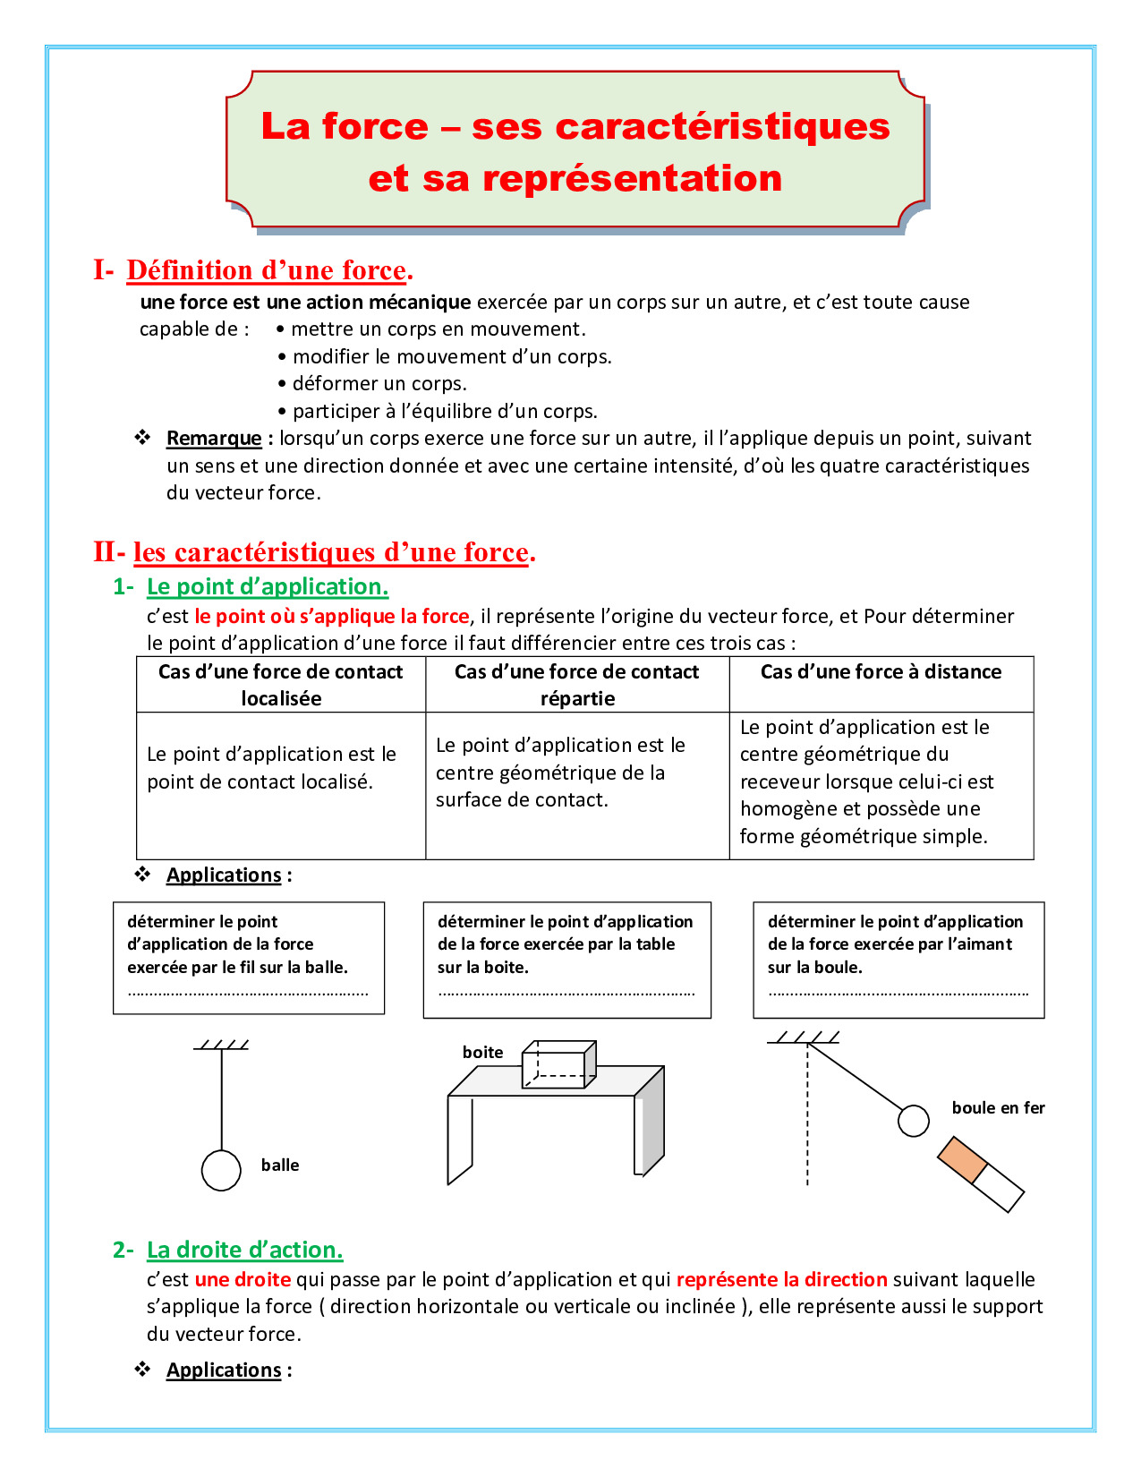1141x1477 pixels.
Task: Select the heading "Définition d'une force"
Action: (266, 269)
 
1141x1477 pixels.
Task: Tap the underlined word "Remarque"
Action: (214, 438)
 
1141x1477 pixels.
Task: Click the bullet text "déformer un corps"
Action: (379, 383)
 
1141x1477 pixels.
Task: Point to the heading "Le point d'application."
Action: (268, 586)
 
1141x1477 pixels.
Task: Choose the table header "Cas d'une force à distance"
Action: (881, 671)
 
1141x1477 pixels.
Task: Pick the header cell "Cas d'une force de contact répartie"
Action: (577, 685)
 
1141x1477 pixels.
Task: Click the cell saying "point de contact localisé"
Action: (260, 781)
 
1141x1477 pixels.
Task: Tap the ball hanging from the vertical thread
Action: (221, 1170)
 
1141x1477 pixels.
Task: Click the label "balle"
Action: (280, 1165)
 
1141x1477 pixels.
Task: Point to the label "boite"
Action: (482, 1052)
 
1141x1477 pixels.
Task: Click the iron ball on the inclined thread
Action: (913, 1120)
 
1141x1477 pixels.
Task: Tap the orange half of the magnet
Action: (962, 1159)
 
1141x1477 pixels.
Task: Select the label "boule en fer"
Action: (998, 1107)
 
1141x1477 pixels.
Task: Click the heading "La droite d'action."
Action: (244, 1250)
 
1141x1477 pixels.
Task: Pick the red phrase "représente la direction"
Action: (781, 1279)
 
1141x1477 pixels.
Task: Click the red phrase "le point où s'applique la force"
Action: (332, 616)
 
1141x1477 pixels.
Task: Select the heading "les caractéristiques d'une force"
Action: (332, 552)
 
